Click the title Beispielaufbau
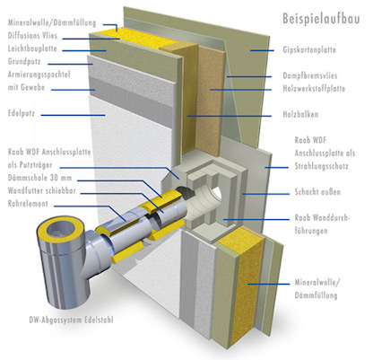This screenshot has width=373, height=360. [x=321, y=19]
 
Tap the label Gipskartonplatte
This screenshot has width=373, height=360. [x=309, y=49]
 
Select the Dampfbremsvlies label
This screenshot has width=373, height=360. [x=310, y=75]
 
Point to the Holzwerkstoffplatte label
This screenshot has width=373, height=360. [x=314, y=89]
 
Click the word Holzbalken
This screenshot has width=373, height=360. [x=300, y=114]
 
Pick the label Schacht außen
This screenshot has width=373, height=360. [x=317, y=191]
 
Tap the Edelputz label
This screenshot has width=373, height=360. [x=22, y=113]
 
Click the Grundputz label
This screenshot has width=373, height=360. [x=24, y=62]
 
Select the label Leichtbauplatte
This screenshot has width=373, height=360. [x=32, y=48]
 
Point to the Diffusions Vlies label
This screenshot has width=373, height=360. [x=32, y=36]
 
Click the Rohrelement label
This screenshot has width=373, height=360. [x=28, y=204]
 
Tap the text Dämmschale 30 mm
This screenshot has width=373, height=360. [x=39, y=178]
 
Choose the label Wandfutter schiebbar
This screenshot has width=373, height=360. [x=42, y=190]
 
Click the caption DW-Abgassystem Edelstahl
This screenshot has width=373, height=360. [x=71, y=320]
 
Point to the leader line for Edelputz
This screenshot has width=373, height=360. [x=73, y=115]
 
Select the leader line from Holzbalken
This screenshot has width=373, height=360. [x=230, y=116]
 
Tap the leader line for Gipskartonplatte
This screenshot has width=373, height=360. [x=262, y=50]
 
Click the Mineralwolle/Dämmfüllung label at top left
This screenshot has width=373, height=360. [x=52, y=22]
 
